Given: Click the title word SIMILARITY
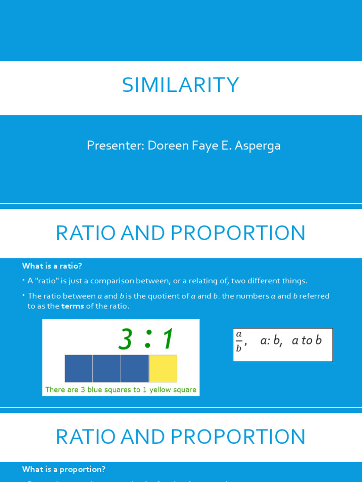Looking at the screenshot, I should tap(181, 85).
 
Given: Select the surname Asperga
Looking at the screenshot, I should tap(258, 146).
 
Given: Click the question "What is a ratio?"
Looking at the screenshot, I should tap(52, 266).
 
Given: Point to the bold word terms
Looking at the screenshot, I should tap(73, 306).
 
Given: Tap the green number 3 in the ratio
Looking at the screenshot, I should tap(125, 339).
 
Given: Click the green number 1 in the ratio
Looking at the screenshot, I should tap(167, 339).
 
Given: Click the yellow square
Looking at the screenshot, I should tap(163, 369).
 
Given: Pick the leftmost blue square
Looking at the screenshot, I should tap(79, 369).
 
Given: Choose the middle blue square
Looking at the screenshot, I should tap(107, 369).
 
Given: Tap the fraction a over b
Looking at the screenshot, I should tap(239, 341).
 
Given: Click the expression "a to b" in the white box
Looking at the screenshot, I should tap(306, 340).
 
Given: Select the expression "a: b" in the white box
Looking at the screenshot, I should tap(271, 341).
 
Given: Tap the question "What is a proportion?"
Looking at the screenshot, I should tap(64, 469).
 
